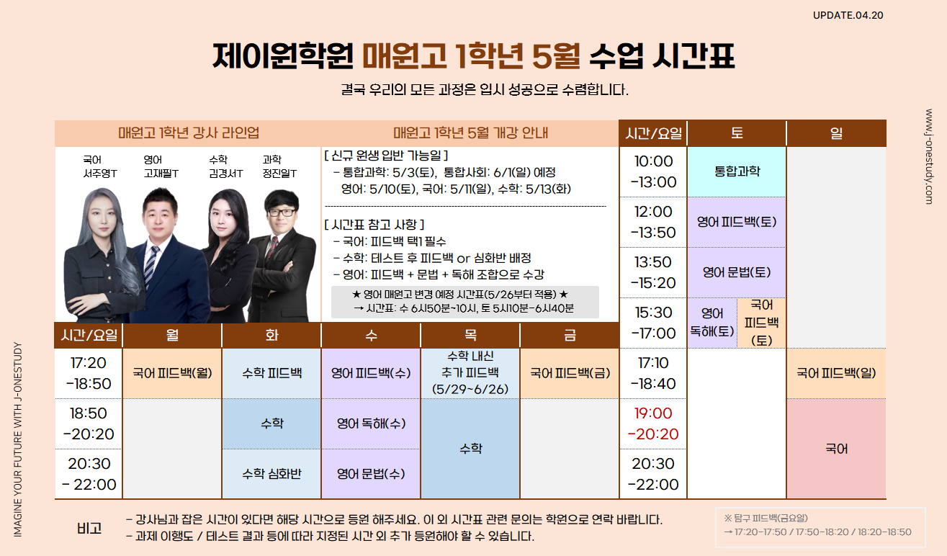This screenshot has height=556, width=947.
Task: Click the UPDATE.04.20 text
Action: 848,15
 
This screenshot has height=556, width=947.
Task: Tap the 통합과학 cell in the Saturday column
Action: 737,171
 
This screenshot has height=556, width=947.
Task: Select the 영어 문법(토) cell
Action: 737,272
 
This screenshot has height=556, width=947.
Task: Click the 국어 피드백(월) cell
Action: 172,373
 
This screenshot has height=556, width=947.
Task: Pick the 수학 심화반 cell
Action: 271,474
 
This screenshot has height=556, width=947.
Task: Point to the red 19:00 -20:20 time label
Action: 653,423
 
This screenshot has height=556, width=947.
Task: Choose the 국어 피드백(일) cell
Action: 836,373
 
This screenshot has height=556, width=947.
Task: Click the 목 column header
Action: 470,336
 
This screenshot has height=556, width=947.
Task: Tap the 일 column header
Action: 836,134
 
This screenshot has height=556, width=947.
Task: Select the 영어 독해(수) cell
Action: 371,423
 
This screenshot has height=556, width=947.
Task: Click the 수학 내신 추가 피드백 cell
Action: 470,373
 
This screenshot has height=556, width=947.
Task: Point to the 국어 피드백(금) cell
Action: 570,373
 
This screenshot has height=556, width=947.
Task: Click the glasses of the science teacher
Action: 281,212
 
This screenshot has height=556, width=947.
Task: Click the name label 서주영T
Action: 100,174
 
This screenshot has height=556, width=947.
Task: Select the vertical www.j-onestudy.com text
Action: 929,156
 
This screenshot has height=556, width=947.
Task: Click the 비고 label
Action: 89,528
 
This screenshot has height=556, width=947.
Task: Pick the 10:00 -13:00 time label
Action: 653,171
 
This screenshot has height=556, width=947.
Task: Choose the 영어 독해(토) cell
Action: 712,323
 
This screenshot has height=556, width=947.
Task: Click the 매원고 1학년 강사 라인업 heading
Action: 189,133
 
